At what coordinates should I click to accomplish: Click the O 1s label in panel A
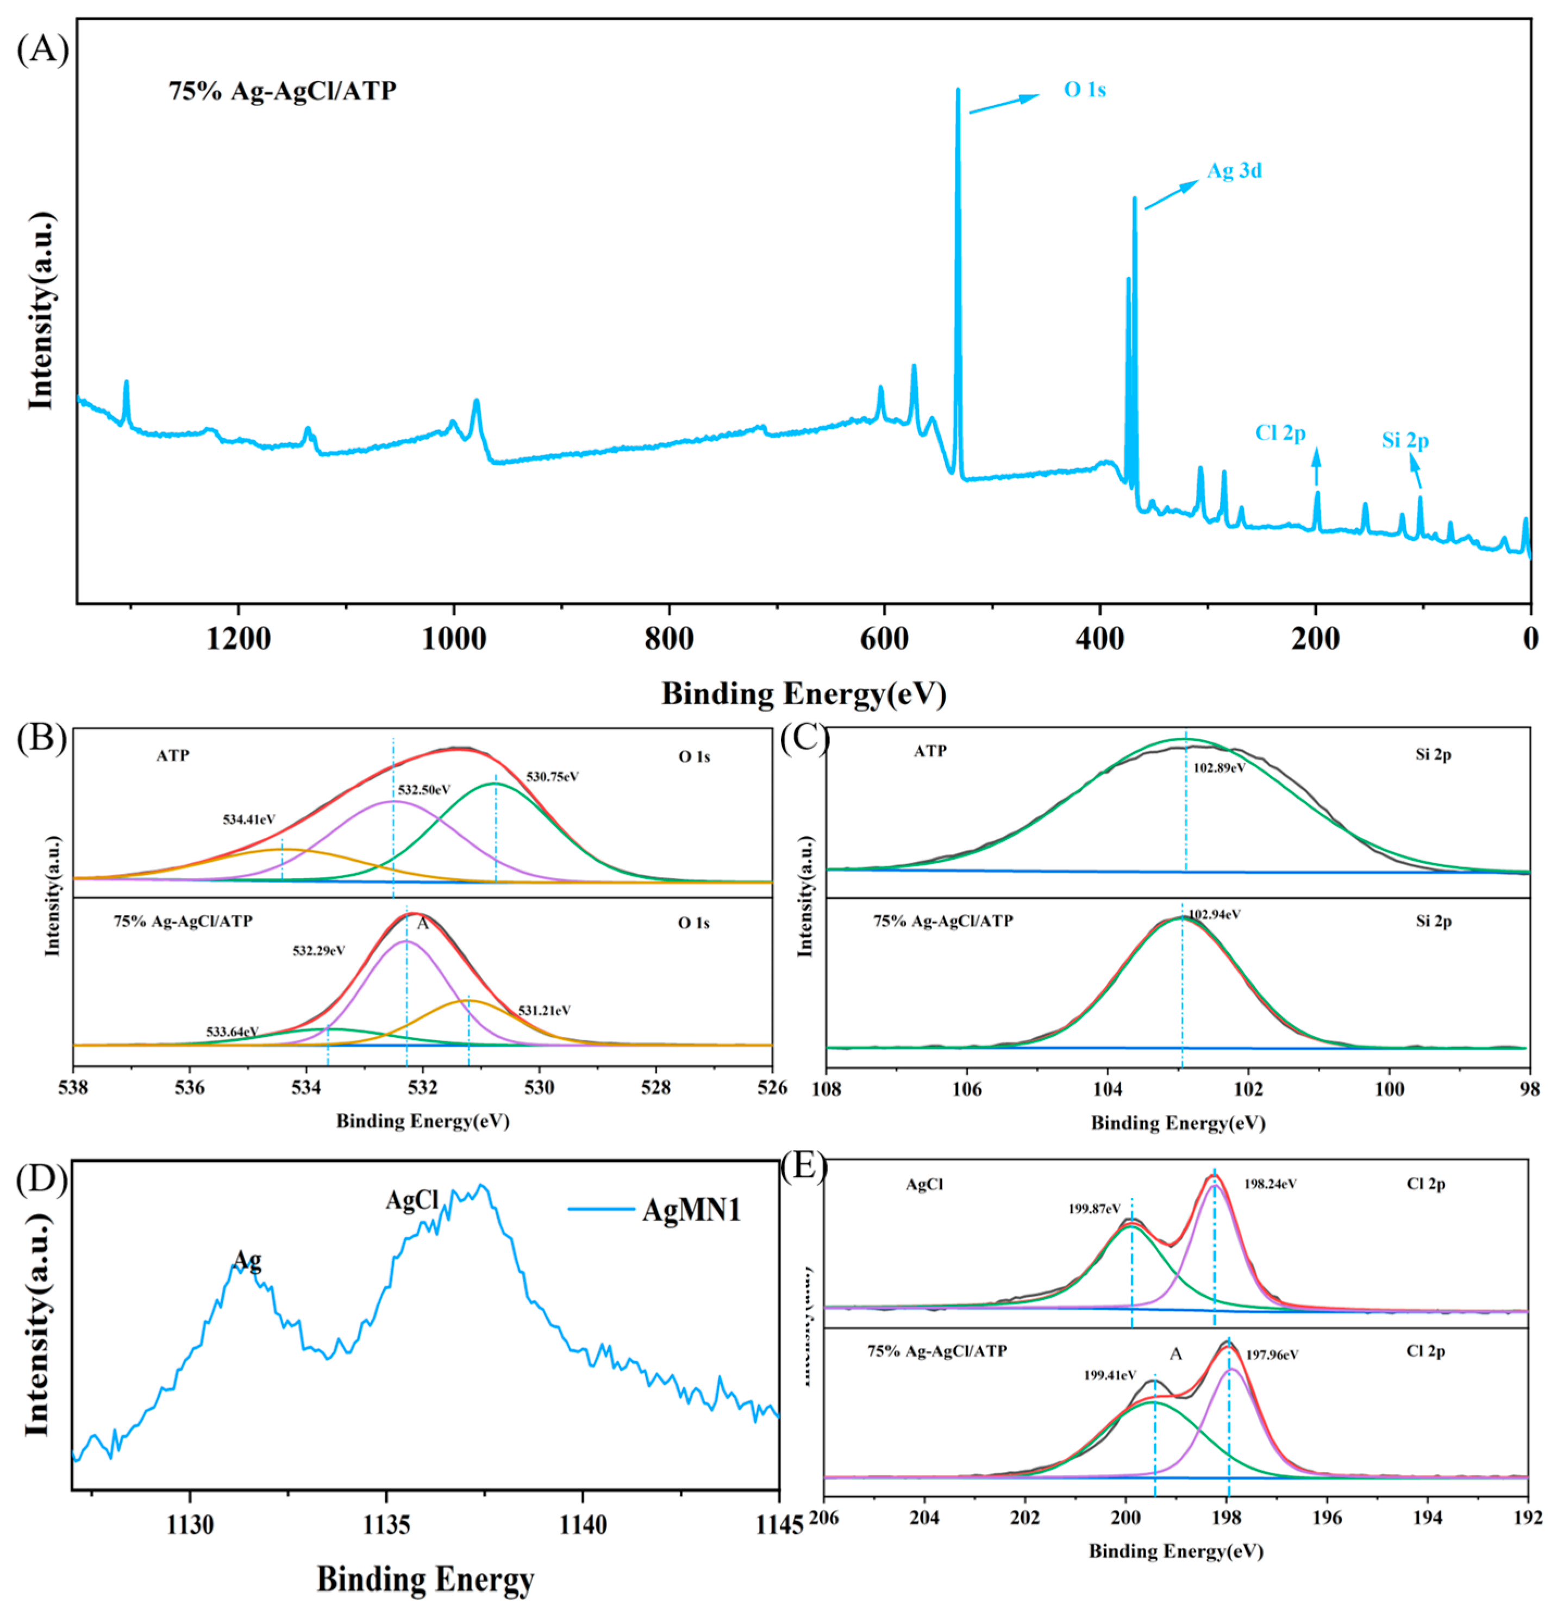1084,90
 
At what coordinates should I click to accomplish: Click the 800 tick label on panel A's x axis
669,638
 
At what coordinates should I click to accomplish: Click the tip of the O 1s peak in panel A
958,90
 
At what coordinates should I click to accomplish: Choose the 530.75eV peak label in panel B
553,776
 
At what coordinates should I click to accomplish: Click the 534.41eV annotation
248,819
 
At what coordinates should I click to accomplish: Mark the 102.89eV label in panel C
1219,767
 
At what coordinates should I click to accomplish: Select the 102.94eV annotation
1214,914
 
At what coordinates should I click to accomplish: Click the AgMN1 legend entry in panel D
691,1210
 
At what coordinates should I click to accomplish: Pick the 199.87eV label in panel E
1095,1209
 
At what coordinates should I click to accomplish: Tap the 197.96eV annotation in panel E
1272,1354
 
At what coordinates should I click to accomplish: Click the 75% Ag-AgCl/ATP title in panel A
283,91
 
